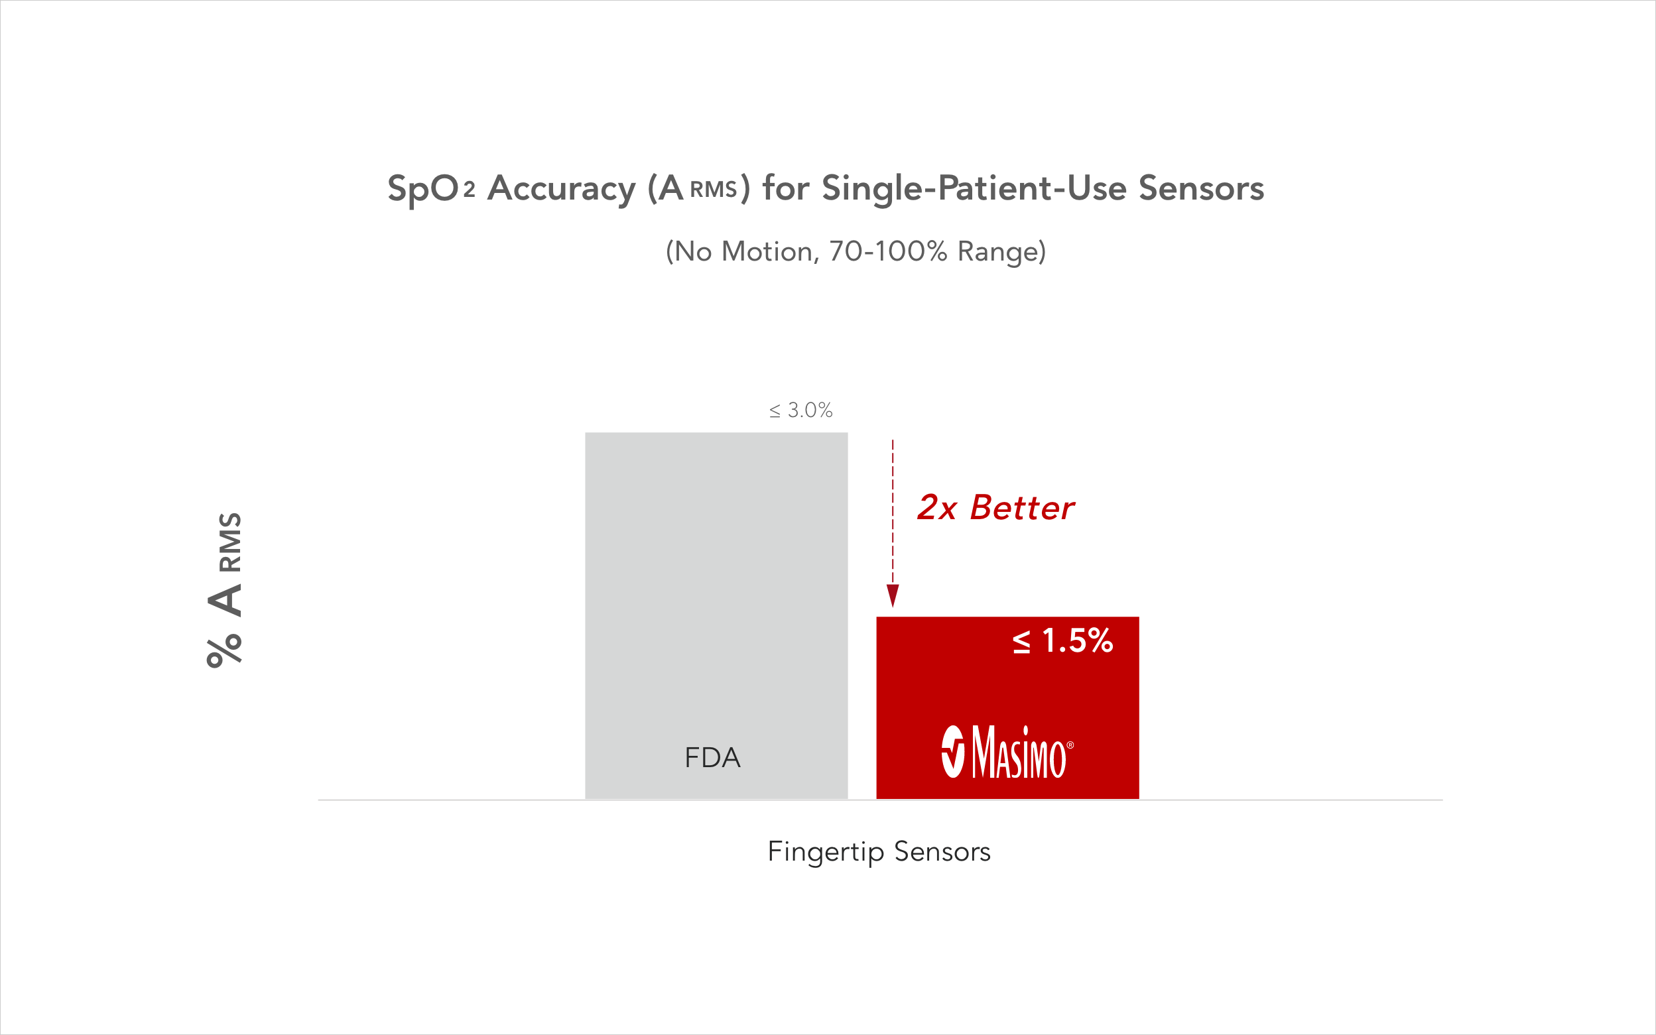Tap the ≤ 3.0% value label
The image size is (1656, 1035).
coord(800,410)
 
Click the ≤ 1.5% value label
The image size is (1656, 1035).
coord(1062,640)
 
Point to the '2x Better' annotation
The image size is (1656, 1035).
coord(995,508)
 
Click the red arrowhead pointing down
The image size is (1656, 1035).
coord(893,594)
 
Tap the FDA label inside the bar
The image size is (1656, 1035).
coord(713,758)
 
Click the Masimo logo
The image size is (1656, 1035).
coord(1007,753)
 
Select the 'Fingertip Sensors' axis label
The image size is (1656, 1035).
coord(879,851)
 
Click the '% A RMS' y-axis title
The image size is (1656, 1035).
coord(225,589)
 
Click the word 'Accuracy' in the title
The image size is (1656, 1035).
coord(561,188)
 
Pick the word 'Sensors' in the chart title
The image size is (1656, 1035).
coord(1201,188)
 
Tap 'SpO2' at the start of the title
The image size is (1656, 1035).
coord(430,188)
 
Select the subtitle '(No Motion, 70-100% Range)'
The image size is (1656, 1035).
coord(856,252)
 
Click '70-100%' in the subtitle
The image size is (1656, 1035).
coord(888,252)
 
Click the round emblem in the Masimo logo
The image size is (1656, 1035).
coord(953,753)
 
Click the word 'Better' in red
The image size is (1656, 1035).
coord(1022,508)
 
